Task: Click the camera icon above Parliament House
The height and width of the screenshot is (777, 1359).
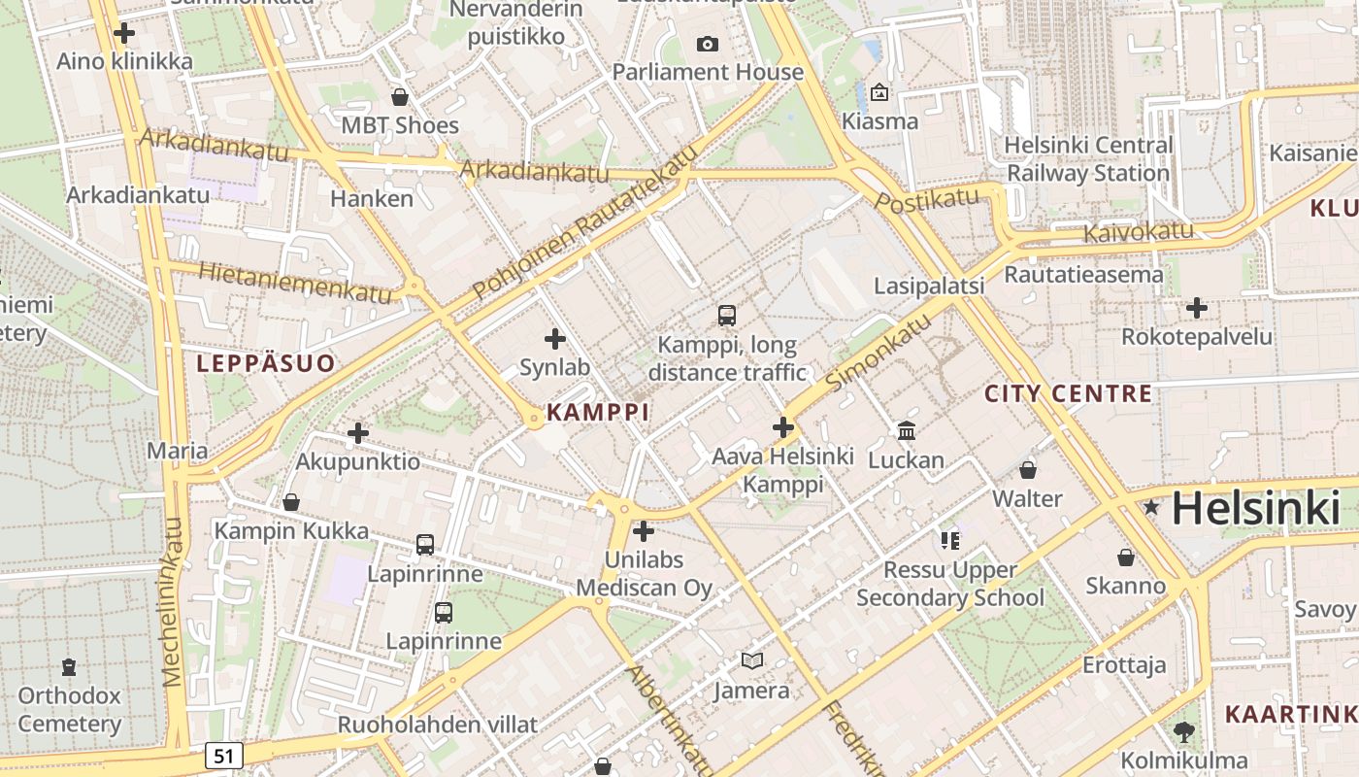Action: (x=708, y=44)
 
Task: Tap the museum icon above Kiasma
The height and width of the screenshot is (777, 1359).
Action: (x=879, y=92)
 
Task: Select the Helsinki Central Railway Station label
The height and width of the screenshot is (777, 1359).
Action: (x=1088, y=159)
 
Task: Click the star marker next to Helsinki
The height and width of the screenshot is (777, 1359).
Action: (x=1151, y=507)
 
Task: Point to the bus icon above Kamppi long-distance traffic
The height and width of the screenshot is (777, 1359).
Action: (x=726, y=315)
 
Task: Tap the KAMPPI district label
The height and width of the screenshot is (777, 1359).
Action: (x=597, y=412)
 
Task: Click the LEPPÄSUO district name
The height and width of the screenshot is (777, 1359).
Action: (x=266, y=364)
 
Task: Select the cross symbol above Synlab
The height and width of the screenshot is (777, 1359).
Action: (x=555, y=339)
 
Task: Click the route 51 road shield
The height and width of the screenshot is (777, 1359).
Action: (x=224, y=755)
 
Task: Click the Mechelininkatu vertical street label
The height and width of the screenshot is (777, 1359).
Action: (x=173, y=602)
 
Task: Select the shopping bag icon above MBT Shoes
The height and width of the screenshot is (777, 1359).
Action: (x=399, y=97)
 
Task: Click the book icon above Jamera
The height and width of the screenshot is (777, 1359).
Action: (x=751, y=661)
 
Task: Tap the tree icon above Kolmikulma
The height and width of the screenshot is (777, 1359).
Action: (x=1183, y=731)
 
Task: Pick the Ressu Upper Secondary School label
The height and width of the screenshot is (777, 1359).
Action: (x=950, y=584)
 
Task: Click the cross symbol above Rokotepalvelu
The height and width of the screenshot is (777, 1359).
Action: (x=1197, y=309)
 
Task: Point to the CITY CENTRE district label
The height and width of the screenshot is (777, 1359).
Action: (x=1068, y=394)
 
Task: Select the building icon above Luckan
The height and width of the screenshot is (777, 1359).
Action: (x=907, y=430)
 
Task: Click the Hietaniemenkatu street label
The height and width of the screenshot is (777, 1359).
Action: (x=295, y=282)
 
